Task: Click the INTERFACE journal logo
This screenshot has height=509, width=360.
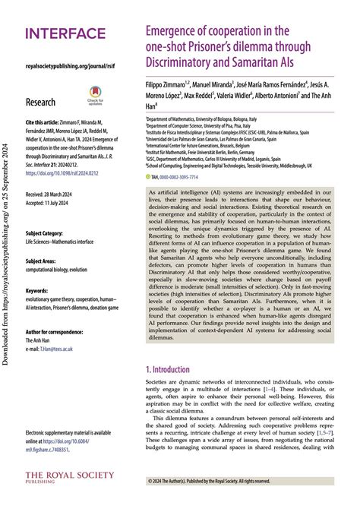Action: (x=65, y=33)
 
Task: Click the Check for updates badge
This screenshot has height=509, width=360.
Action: (x=96, y=97)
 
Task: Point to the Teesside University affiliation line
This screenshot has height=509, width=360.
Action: (x=242, y=164)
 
